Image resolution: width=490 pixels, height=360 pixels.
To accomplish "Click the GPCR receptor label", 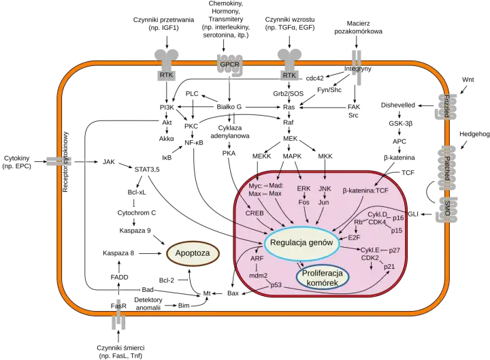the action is pos(230,65).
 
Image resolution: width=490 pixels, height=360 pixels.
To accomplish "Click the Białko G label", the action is pos(229,107).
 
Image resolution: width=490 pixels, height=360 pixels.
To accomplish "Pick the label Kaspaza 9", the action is pos(135,231).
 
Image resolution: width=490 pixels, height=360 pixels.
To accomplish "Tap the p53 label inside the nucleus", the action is pos(276,285).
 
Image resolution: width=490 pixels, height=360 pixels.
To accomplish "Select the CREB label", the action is pos(255,213).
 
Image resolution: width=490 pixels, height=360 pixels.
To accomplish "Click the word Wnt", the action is pos(468,80).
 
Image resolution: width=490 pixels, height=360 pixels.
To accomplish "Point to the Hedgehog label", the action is pos(474,134).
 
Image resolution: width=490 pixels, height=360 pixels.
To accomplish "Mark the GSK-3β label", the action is pos(401,124).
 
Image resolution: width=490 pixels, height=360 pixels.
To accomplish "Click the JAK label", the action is pos(109,162).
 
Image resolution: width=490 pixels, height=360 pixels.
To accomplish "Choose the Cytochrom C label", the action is pos(137,213).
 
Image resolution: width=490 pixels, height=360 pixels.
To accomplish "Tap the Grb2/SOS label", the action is pos(288,93).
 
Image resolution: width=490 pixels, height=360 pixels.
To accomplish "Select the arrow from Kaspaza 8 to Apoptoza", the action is pos(150,253).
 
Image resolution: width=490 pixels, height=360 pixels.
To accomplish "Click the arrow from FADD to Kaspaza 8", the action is pos(118,265).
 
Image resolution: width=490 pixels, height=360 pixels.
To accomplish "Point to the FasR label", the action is pos(118,306).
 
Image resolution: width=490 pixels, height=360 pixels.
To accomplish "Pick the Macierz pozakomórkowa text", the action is pos(358,27).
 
